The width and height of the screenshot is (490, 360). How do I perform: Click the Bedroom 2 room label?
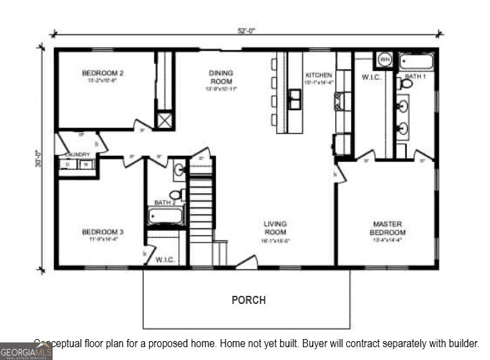[x=103, y=73]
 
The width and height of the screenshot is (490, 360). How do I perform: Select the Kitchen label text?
[x=319, y=75]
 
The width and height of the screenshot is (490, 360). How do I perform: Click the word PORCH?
[x=248, y=300]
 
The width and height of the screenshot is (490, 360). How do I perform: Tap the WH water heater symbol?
[x=385, y=59]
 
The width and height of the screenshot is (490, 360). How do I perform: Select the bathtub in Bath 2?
[x=166, y=217]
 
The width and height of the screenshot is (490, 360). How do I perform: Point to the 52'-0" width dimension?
[x=247, y=30]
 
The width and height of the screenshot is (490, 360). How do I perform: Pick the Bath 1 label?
[x=416, y=76]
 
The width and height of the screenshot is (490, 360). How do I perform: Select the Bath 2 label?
[x=165, y=202]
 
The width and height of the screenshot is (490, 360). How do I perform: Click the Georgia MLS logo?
[x=26, y=351]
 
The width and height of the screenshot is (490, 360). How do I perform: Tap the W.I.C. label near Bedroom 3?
[x=165, y=259]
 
